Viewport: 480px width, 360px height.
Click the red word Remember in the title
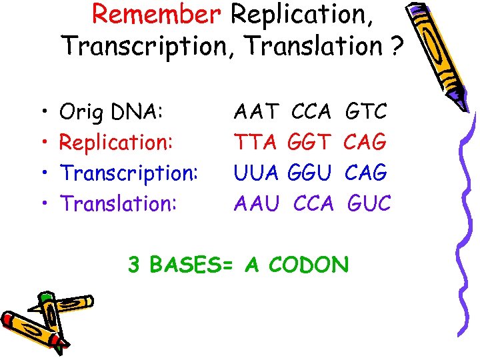[x=156, y=15]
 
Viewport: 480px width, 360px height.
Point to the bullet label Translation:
[x=119, y=203]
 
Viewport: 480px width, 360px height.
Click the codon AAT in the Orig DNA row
[x=256, y=111]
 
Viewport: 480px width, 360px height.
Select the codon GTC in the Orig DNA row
[x=367, y=111]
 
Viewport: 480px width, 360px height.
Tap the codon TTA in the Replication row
[x=256, y=142]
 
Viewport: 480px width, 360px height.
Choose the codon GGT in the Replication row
[x=310, y=142]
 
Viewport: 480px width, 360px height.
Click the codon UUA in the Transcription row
[x=256, y=173]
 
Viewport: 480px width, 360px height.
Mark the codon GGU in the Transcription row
[x=310, y=173]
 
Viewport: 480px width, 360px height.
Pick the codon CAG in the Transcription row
[x=367, y=173]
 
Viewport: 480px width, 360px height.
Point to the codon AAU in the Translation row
[x=256, y=203]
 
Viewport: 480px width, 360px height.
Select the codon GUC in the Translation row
[x=369, y=203]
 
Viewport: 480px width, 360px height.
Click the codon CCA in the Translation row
[x=313, y=203]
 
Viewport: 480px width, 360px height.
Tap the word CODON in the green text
[x=309, y=265]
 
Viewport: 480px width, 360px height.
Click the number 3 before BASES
[x=134, y=265]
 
